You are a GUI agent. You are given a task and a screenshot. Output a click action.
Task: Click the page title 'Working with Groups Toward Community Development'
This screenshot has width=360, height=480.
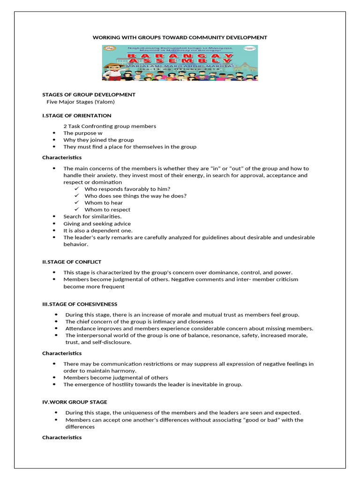180,37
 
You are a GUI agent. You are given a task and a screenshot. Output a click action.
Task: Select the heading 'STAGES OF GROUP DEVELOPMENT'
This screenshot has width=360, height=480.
89,95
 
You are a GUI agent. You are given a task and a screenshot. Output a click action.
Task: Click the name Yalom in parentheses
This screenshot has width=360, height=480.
105,102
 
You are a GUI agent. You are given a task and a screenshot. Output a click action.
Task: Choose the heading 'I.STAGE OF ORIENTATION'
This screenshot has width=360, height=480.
77,115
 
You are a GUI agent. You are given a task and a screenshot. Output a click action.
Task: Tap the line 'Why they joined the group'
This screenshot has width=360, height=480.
98,140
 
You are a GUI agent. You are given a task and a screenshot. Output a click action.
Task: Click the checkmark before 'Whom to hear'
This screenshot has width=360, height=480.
77,203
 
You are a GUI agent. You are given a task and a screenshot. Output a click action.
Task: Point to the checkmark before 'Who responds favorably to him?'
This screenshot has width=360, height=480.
77,189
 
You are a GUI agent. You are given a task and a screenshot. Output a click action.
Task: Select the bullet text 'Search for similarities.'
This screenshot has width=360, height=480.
92,217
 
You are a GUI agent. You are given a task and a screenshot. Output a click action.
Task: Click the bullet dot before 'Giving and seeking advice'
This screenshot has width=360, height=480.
55,224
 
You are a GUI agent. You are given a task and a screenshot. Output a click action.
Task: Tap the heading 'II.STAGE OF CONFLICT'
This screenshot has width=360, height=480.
72,262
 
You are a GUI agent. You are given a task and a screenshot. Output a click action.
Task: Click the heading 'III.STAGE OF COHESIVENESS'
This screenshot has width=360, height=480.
80,304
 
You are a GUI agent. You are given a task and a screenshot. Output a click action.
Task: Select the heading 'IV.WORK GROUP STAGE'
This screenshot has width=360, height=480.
75,402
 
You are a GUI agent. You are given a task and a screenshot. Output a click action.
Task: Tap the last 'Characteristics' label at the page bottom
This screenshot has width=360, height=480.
62,437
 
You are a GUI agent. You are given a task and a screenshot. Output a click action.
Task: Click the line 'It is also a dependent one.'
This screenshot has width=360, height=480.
98,231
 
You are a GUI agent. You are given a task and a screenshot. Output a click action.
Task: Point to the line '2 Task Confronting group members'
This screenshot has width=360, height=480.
110,126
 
